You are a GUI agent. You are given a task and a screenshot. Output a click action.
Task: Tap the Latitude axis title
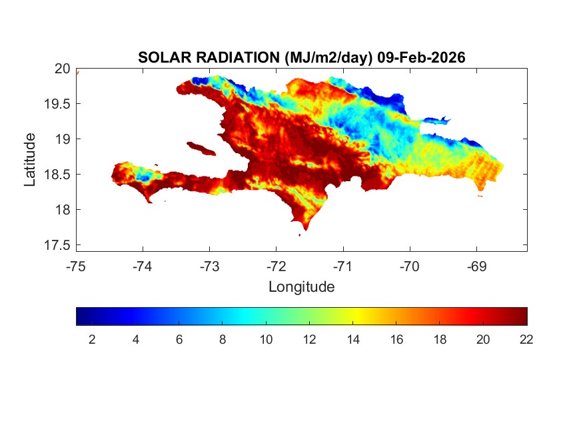(30, 159)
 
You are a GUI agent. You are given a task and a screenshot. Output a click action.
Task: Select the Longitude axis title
(301, 287)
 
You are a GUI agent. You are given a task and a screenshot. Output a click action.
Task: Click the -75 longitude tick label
(76, 266)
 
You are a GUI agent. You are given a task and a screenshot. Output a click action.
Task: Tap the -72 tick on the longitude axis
(276, 266)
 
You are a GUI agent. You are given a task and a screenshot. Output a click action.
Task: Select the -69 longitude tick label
(476, 266)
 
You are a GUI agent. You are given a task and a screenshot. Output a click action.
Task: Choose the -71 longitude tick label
(342, 266)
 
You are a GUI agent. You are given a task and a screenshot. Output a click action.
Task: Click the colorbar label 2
(92, 339)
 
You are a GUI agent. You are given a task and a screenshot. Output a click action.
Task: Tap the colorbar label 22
(526, 339)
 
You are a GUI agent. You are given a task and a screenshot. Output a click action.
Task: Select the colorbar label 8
(223, 339)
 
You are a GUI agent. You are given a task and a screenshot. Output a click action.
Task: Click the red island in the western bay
(201, 147)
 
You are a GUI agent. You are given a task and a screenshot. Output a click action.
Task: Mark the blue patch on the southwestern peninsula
(143, 177)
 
